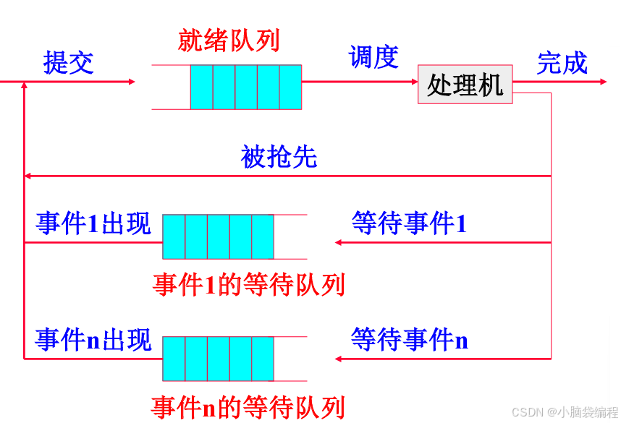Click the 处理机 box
click(465, 85)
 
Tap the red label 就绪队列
click(229, 40)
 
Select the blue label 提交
click(69, 63)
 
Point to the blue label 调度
click(373, 57)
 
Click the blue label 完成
click(562, 63)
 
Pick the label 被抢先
click(279, 157)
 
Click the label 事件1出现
click(93, 223)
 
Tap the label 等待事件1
click(409, 223)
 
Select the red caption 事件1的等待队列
click(248, 284)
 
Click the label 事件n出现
click(93, 339)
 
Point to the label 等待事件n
click(410, 338)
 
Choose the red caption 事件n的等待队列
click(248, 407)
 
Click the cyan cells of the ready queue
click(245, 87)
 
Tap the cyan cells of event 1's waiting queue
click(218, 236)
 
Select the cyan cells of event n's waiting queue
click(218, 359)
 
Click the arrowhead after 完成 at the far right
click(603, 82)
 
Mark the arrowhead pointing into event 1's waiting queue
click(339, 242)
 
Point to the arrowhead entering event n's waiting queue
click(339, 359)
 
